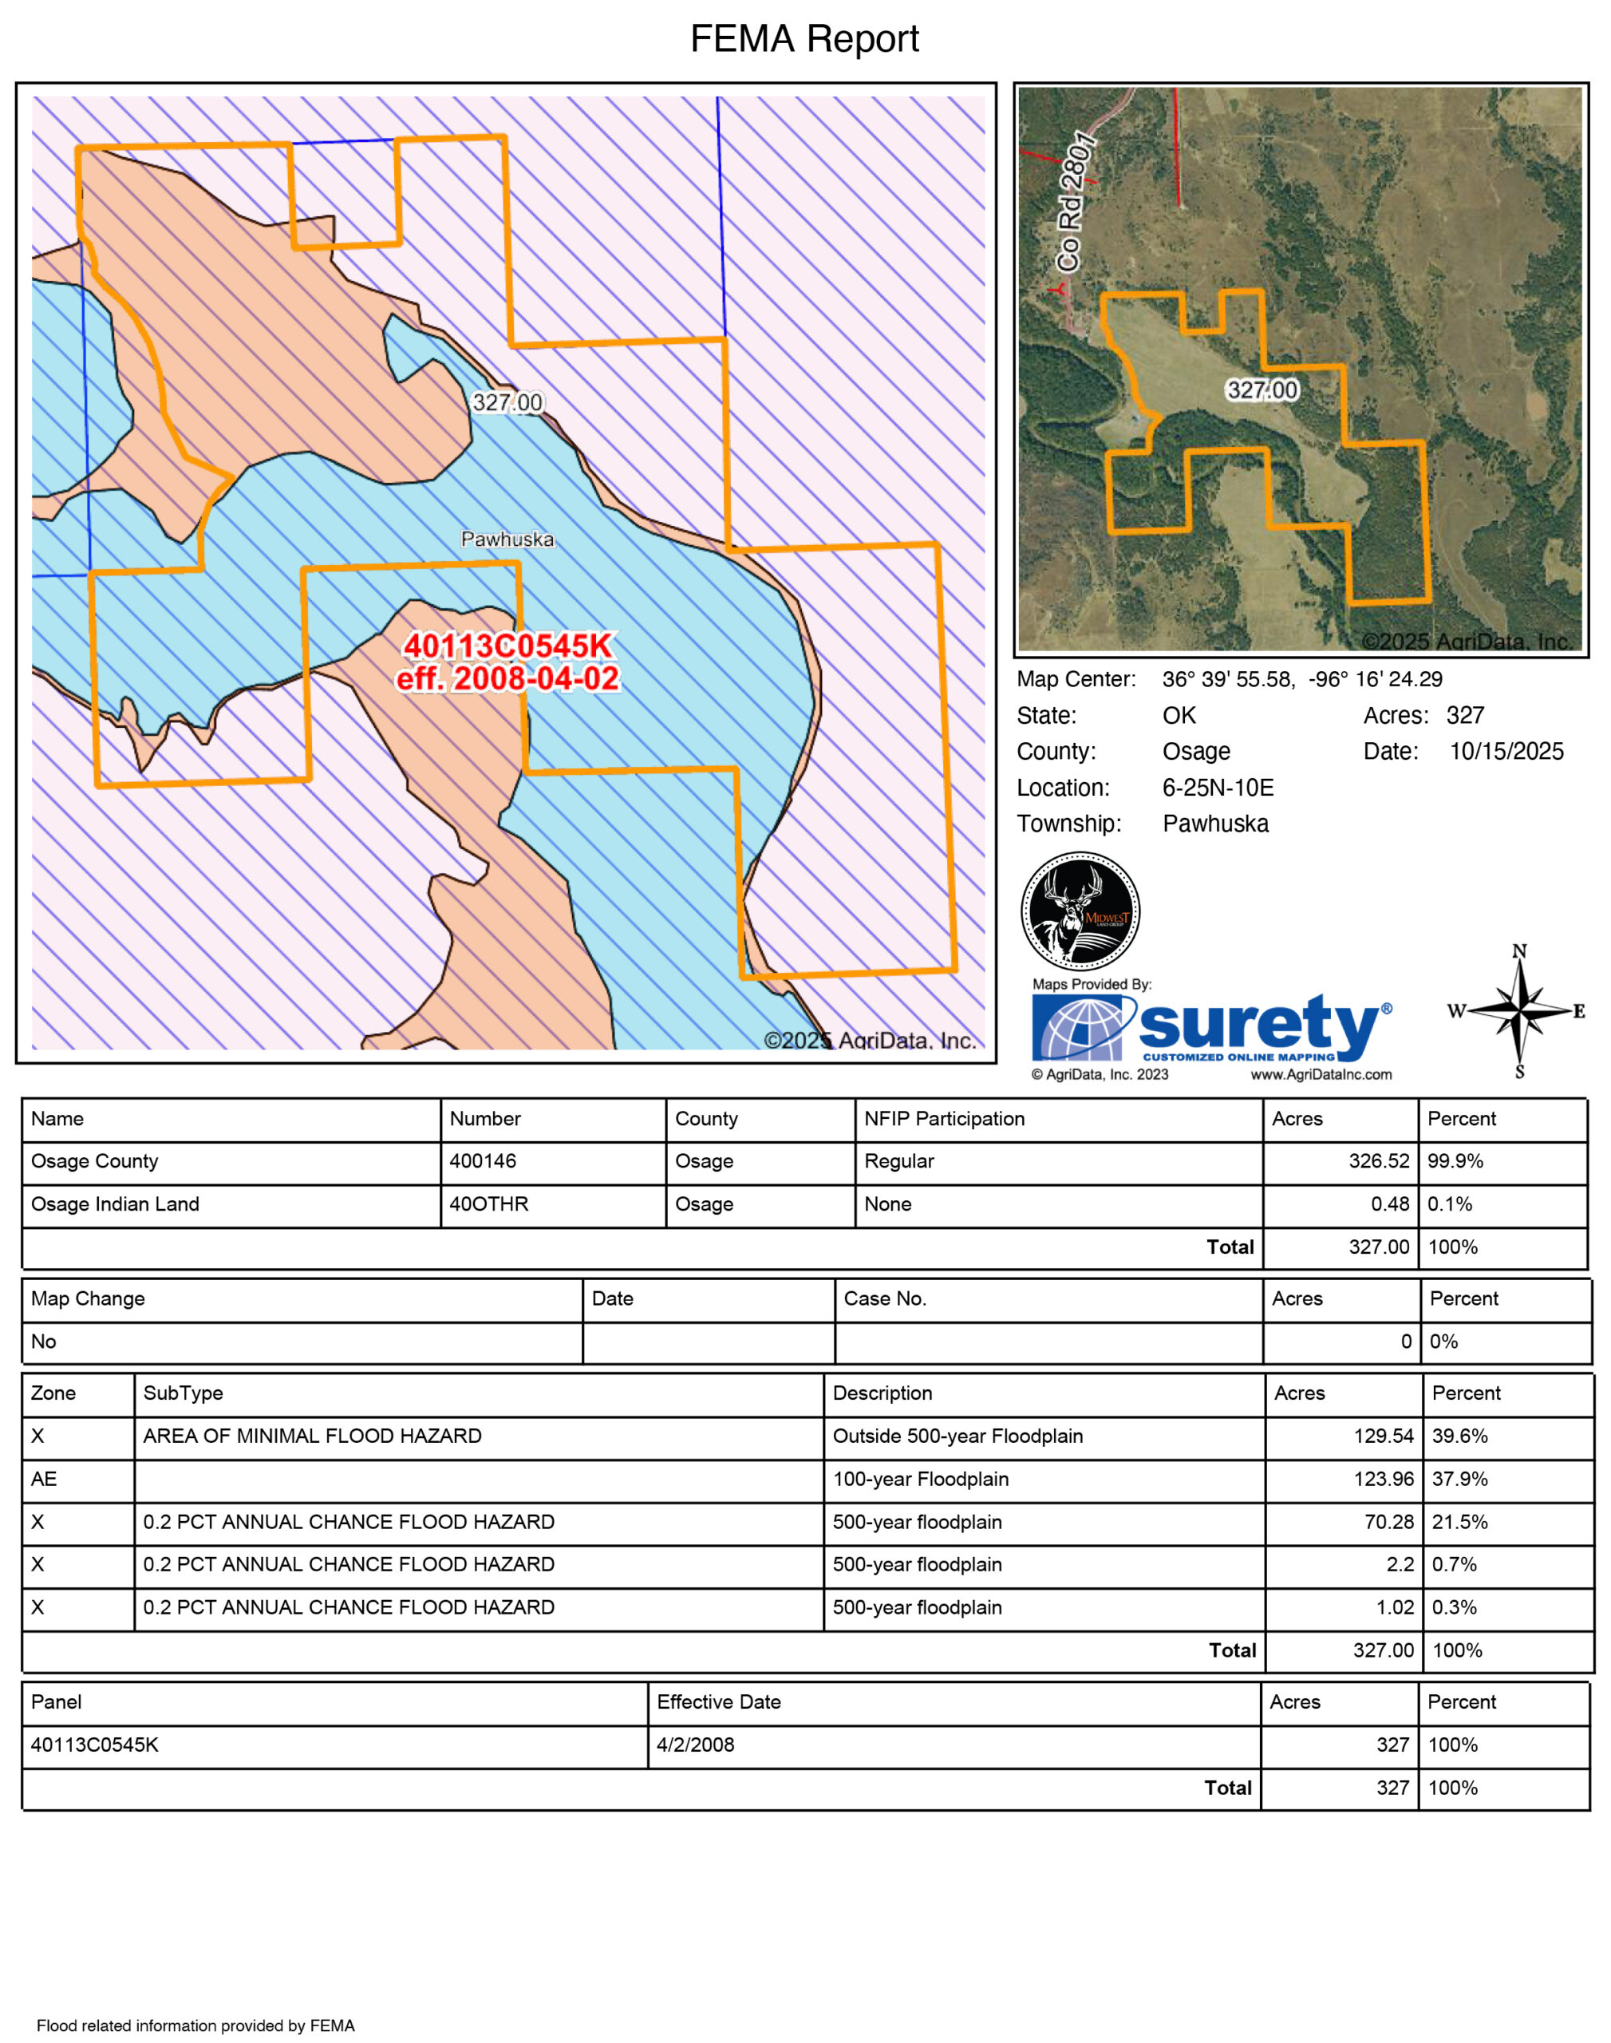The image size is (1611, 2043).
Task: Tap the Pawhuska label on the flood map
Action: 507,539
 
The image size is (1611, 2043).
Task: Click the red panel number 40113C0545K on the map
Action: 507,646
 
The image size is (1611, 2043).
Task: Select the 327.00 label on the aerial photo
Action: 1262,389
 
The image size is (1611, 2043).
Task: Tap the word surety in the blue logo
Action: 1259,1025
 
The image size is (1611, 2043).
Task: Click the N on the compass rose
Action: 1519,950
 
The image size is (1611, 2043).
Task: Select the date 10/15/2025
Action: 1506,752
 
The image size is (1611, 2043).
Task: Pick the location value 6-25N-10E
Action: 1218,788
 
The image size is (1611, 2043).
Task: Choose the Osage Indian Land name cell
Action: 115,1204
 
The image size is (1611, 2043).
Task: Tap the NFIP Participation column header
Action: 944,1119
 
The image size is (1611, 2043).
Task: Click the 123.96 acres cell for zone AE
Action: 1384,1479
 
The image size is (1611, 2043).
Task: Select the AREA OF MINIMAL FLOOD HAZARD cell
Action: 312,1436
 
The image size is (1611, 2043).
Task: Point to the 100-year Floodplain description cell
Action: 921,1479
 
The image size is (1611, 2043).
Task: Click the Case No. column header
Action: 885,1298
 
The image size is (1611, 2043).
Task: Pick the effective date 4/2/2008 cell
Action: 695,1745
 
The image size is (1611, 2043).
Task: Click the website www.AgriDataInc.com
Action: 1321,1074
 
